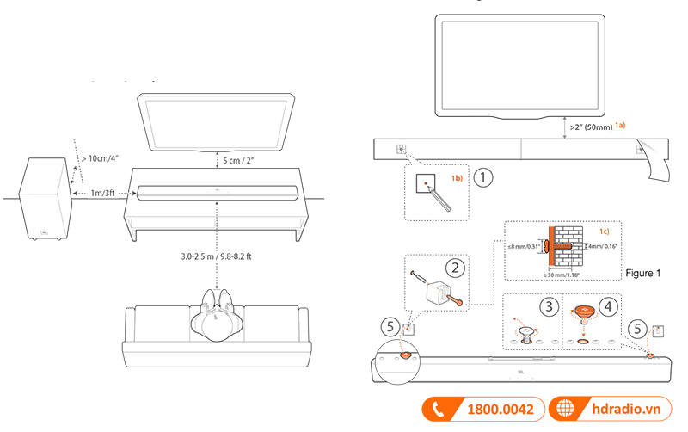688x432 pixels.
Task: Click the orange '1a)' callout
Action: tap(620, 125)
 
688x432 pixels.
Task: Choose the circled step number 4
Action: tap(607, 305)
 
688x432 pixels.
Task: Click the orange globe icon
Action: tap(565, 410)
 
